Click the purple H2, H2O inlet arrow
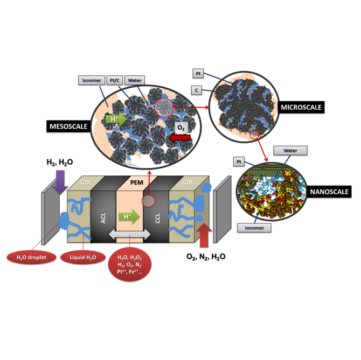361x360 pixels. [59, 181]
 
